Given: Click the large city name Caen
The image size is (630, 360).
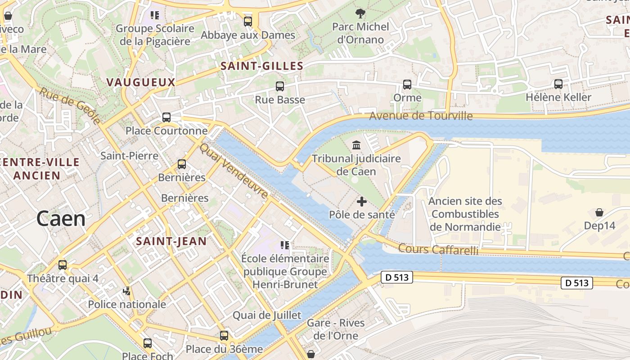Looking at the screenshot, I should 61,219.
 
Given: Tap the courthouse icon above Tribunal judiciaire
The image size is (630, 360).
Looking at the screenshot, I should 357,145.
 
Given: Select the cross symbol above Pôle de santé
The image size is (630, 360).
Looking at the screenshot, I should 361,202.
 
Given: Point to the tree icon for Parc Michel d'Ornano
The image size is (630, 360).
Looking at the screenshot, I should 360,13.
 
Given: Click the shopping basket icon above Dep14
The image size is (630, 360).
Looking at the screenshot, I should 599,212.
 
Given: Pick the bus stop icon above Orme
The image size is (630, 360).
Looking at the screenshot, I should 407,84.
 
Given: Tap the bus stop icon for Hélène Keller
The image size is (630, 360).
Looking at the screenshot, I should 558,84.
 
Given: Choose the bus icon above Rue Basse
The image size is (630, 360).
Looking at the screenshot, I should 280,86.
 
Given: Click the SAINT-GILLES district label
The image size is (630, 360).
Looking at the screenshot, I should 262,66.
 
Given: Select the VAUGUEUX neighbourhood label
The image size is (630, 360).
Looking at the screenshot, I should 141,82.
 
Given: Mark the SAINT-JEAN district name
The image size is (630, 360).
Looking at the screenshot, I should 171,241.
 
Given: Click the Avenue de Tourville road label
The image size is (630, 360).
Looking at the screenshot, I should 421,116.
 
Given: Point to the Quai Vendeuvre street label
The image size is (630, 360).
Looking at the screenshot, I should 234,171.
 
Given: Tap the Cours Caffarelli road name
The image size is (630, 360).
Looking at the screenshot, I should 438,249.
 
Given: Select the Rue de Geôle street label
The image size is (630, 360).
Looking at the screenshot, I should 70,106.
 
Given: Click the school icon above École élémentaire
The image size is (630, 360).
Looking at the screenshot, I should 285,245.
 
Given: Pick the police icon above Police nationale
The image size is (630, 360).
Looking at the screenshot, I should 127,291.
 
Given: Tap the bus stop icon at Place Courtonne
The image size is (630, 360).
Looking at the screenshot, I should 166,117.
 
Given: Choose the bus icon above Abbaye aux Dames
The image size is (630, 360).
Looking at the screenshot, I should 248,21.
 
